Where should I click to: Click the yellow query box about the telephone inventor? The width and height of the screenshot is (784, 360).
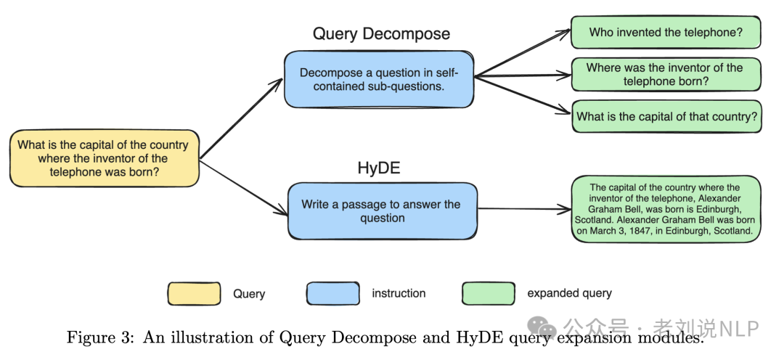coord(103,158)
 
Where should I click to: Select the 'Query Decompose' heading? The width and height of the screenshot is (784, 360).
coord(381,34)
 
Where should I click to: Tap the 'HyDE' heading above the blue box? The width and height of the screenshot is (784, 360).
coord(378,168)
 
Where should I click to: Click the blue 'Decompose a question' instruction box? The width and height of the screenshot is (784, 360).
coord(379,80)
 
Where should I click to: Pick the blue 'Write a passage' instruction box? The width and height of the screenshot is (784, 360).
coord(382,211)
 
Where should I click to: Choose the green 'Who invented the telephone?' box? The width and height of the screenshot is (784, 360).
coord(665,33)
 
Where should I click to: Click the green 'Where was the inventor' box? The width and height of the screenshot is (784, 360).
coord(665,74)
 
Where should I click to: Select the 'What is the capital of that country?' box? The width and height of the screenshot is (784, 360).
coord(665,116)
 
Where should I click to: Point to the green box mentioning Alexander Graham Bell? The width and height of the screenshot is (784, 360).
coord(665,209)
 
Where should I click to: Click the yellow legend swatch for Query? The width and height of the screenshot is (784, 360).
coord(194,293)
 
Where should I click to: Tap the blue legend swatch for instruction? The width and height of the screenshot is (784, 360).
coord(332,293)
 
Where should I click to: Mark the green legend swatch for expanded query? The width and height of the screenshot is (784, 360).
coord(488,293)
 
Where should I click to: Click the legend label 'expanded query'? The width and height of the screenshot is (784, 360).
coord(569,293)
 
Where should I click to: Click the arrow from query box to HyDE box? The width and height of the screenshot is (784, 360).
coord(243,188)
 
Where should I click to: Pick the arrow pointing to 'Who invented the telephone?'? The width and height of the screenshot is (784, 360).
coord(523,53)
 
